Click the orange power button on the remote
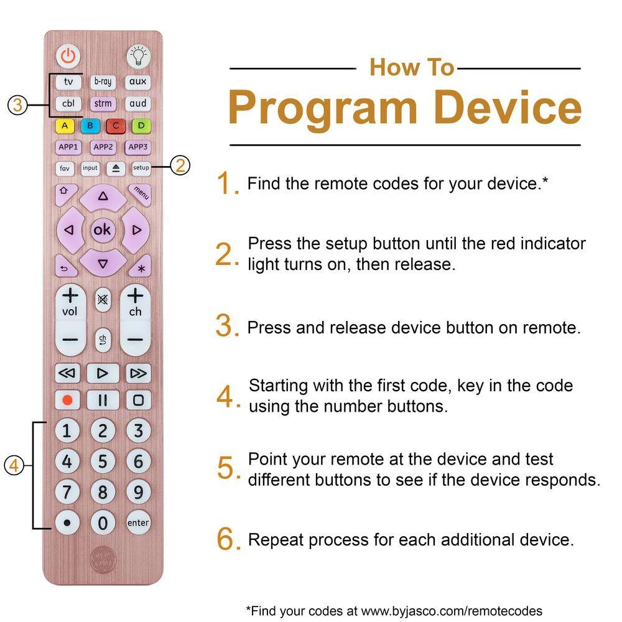click(x=68, y=56)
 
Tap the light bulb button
click(x=138, y=56)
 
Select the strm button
click(x=103, y=103)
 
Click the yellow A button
click(x=65, y=126)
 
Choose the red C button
click(x=116, y=126)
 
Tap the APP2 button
click(x=103, y=147)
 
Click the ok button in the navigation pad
click(x=103, y=230)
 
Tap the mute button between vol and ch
click(x=103, y=300)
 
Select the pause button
click(x=103, y=400)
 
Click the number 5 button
click(x=103, y=462)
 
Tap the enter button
click(x=138, y=523)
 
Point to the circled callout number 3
click(x=17, y=106)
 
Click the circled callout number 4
click(x=14, y=465)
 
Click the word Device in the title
click(x=508, y=108)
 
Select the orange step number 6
click(x=226, y=539)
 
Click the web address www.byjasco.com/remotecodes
click(x=452, y=611)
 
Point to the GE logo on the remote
click(x=103, y=560)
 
